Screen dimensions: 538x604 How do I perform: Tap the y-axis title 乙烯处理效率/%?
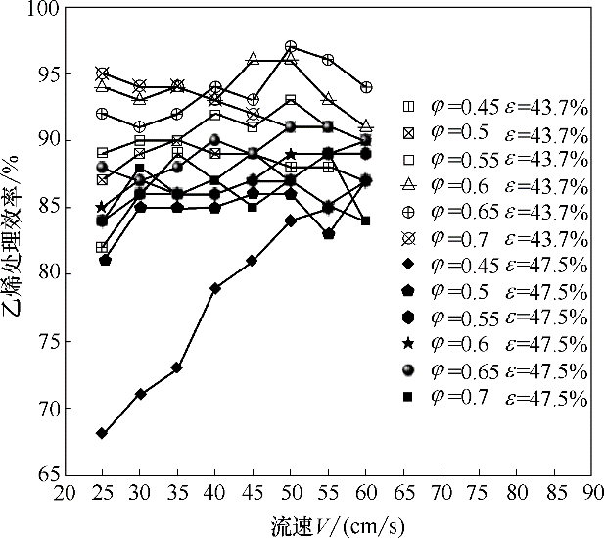pos(15,241)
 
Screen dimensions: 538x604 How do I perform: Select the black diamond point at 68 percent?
pos(103,433)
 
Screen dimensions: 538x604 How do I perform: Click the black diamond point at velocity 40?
pos(215,288)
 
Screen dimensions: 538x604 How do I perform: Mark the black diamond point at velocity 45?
pos(253,261)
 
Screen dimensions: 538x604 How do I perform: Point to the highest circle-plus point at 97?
pos(291,47)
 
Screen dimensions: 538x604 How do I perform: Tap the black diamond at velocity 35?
pos(177,367)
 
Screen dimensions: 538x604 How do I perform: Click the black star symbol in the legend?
pos(411,345)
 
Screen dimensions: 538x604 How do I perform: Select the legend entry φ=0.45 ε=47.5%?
pos(495,266)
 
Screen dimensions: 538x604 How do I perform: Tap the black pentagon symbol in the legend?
pos(411,292)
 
